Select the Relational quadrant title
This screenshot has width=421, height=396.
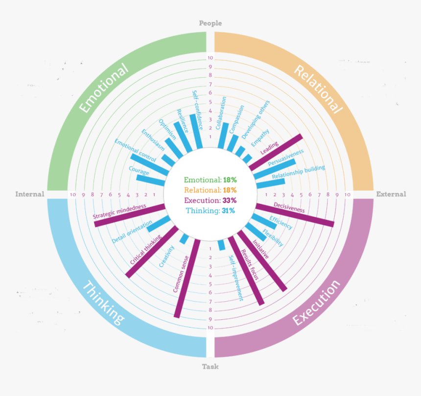pyautogui.click(x=318, y=88)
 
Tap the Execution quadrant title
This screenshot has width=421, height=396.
pyautogui.click(x=317, y=302)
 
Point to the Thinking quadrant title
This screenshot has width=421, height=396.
pyautogui.click(x=104, y=302)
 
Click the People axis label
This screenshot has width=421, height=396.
pyautogui.click(x=210, y=23)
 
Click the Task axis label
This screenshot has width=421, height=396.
pyautogui.click(x=210, y=367)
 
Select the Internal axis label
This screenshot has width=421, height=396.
pyautogui.click(x=29, y=194)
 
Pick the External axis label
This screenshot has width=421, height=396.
pyautogui.click(x=391, y=194)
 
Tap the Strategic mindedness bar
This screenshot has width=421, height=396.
pyautogui.click(x=130, y=215)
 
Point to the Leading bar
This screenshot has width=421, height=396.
pyautogui.click(x=276, y=152)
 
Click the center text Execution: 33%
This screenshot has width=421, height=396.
pyautogui.click(x=210, y=200)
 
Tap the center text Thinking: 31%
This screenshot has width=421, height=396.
pyautogui.click(x=210, y=211)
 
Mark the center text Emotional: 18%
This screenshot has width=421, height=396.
pyautogui.click(x=210, y=180)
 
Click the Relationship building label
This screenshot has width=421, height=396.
pyautogui.click(x=298, y=172)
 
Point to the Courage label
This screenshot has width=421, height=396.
pyautogui.click(x=139, y=170)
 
